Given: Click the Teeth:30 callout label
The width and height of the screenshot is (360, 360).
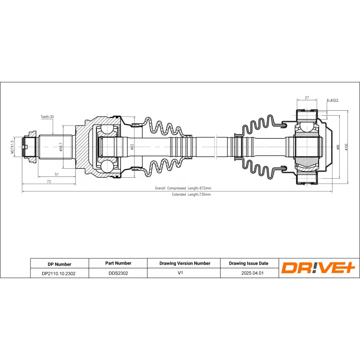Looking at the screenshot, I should pos(47,117).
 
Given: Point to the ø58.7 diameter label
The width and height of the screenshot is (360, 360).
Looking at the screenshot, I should pos(60,146).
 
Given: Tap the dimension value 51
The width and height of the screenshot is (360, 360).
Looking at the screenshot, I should pos(56,174).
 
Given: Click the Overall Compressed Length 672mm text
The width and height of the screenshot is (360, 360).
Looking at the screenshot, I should pos(183,188).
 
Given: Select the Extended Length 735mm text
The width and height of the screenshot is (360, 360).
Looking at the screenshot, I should pos(191,195).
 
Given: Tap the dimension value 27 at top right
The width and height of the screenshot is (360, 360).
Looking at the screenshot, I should pos(306,97).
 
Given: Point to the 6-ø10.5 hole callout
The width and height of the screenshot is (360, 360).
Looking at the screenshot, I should pos(332,100).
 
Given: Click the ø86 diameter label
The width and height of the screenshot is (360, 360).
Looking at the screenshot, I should pos(337,147).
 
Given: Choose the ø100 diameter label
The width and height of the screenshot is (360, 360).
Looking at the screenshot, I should pos(346,147).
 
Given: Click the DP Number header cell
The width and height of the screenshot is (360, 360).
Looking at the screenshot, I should pos(59,264).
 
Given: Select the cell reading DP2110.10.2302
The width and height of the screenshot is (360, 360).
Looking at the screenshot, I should pos(59,273).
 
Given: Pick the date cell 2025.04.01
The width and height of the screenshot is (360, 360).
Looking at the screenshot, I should pos(248,273).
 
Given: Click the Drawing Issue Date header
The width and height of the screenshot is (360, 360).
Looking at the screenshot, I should pos(248,264).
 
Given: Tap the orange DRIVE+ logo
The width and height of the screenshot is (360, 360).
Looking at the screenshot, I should pos(319,268).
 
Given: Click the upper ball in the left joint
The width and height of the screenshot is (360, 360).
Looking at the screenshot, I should pos(108,130).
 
